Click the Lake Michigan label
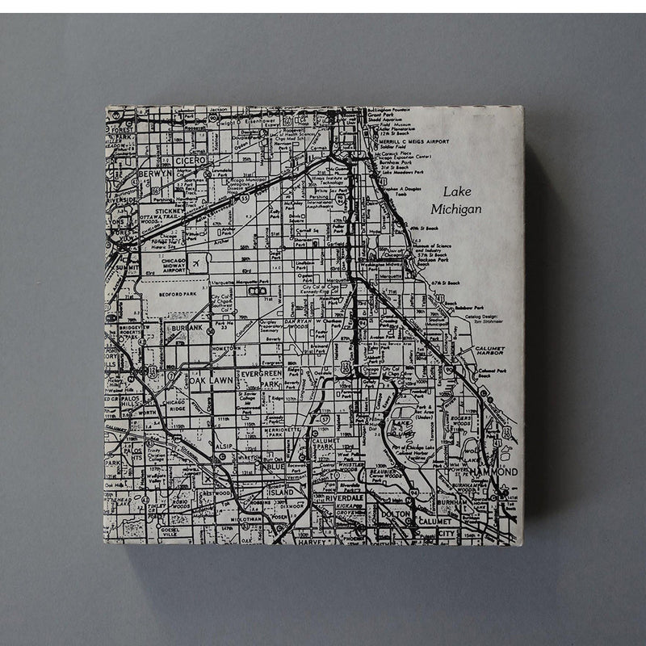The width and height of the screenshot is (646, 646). coord(456,201)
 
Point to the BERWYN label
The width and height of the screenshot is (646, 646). coord(155,173)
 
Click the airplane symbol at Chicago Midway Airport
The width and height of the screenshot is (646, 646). coord(196,263)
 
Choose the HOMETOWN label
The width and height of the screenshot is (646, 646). coord(227,348)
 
